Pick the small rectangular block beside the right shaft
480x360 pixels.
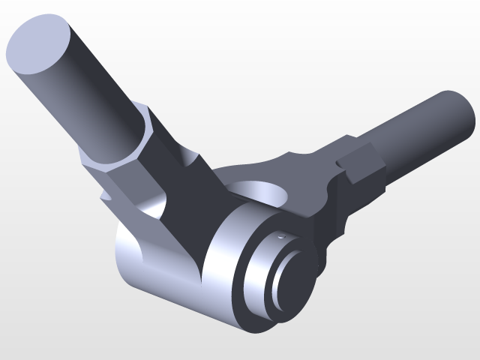point(358,165)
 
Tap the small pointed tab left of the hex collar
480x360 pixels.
point(106,196)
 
